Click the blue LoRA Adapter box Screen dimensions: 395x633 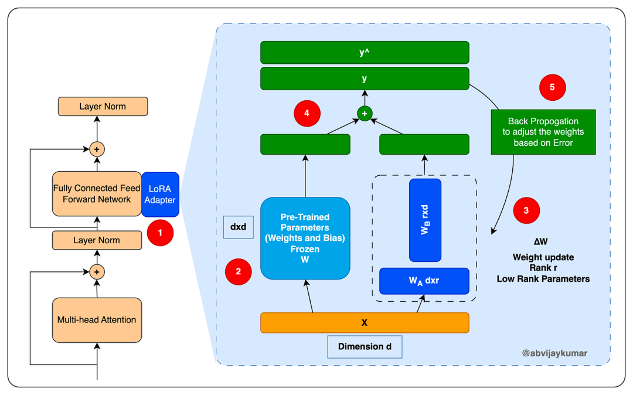coord(160,195)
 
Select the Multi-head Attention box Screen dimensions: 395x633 coord(97,320)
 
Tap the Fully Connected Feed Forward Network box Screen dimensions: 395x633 coord(97,194)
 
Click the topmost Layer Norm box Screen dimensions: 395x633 coord(103,107)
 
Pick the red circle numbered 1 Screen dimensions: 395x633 coord(161,233)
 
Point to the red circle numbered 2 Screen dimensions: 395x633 coord(239,271)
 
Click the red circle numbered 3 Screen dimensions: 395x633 coord(526,211)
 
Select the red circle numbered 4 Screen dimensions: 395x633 coord(307,113)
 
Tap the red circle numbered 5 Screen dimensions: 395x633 coord(553,87)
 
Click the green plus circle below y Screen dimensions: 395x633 coord(365,113)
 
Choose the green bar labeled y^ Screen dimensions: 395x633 coord(365,52)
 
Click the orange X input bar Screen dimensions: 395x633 coord(365,323)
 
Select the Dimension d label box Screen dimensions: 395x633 coord(365,346)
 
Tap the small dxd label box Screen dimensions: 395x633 coord(238,227)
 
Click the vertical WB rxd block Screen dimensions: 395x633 coord(425,220)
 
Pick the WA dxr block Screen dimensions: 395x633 coord(424,281)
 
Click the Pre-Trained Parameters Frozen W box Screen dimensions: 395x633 coord(305,239)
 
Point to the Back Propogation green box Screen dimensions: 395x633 coord(543,132)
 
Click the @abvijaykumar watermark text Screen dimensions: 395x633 coord(554,353)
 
